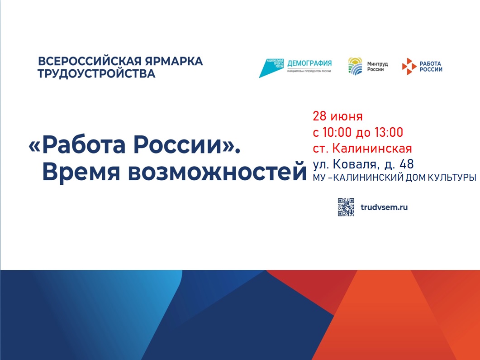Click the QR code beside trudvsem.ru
click(346, 207)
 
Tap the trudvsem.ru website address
click(384, 207)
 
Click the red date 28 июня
click(337, 116)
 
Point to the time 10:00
click(337, 132)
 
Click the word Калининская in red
click(372, 148)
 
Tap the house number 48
click(407, 164)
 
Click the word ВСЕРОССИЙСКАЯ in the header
click(90, 61)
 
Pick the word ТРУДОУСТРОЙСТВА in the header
click(96, 74)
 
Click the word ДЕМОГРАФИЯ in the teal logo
click(309, 63)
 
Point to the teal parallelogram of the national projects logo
click(271, 68)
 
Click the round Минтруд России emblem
click(355, 66)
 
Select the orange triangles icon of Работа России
click(409, 66)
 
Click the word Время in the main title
click(81, 172)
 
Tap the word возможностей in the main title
click(217, 173)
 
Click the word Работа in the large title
click(84, 145)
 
